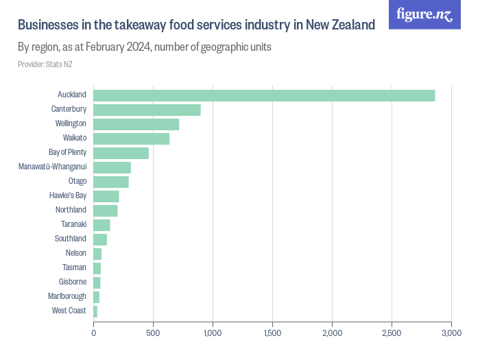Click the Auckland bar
pos(264,95)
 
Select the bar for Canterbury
pos(147,110)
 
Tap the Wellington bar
pos(136,124)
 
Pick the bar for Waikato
pos(131,139)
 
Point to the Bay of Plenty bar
pos(121,153)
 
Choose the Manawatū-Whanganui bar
pos(112,167)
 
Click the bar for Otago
pos(111,182)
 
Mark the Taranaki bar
pos(101,225)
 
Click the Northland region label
pos(71,210)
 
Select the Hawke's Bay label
pos(68,195)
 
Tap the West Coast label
pos(69,311)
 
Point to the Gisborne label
pos(73,282)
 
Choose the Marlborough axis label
pos(67,296)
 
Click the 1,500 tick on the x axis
pos(272,333)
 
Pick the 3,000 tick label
pos(451,333)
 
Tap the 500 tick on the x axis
pos(153,333)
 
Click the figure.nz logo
pos(424,14)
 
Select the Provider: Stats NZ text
pos(45,64)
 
